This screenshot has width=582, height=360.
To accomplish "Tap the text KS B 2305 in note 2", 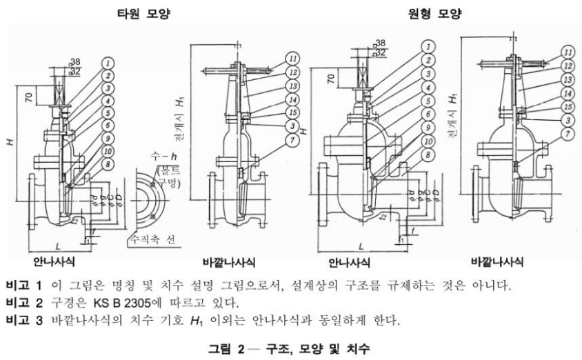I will coord(126,303).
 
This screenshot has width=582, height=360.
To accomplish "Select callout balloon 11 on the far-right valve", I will coord(568,52).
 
